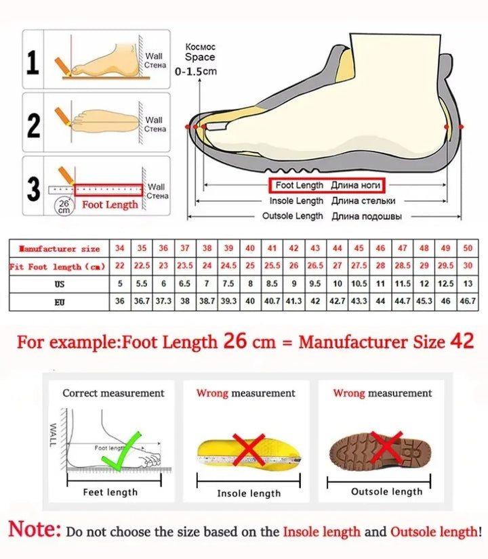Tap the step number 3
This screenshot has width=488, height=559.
[33, 189]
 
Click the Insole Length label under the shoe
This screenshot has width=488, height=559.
[296, 201]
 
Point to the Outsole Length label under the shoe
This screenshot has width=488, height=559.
[293, 216]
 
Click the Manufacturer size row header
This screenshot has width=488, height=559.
[59, 249]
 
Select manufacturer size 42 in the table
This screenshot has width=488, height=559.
[293, 248]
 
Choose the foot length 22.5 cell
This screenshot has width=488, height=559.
[142, 267]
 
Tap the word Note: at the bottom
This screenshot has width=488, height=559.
[35, 529]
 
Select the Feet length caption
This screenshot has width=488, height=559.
[110, 492]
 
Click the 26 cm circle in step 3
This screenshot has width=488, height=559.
[63, 206]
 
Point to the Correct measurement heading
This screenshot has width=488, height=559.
[113, 393]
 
